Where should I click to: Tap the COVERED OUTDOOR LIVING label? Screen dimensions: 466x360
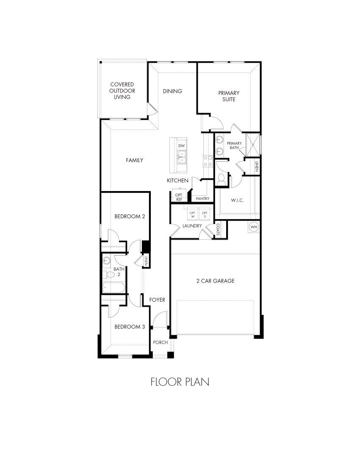[122, 91]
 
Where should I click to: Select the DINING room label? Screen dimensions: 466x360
[172, 91]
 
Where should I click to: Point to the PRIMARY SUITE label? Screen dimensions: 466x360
[229, 96]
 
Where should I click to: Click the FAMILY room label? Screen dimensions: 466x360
[134, 160]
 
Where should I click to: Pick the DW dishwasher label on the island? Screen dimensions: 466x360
[181, 146]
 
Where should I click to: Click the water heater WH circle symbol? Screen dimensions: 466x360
[254, 227]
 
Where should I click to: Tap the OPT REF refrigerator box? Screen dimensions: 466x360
[179, 197]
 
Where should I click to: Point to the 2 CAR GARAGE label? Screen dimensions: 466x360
[215, 281]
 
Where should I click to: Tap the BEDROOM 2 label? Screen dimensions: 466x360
[130, 216]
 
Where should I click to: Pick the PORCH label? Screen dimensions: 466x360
[161, 342]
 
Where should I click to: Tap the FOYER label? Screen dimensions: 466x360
[157, 300]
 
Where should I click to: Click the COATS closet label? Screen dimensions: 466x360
[218, 230]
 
